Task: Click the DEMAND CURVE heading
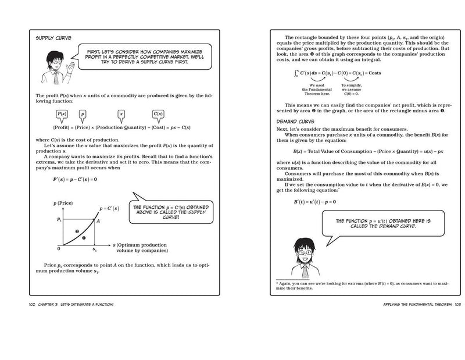297,121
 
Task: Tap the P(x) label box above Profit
62,115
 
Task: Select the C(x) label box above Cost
158,115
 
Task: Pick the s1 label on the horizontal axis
95,249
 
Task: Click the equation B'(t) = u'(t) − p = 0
314,201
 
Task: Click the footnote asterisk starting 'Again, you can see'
278,282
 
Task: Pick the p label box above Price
83,115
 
